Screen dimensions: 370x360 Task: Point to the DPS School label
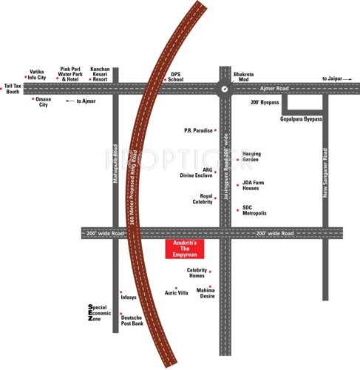[176, 77]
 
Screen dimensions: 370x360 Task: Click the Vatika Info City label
[37, 74]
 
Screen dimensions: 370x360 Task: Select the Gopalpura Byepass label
[302, 119]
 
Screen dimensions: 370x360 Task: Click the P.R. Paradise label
[198, 130]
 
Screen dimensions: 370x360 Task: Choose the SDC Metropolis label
[254, 212]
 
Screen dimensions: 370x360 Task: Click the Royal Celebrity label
[201, 200]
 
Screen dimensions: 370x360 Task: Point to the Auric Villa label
[177, 293]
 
